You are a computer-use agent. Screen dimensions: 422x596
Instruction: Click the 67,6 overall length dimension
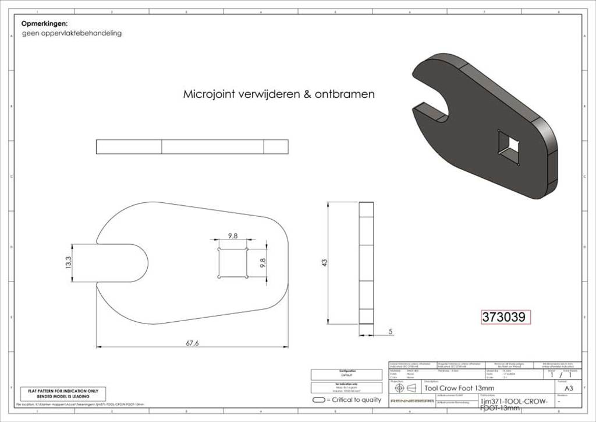192,343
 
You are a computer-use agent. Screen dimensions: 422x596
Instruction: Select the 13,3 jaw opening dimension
69,263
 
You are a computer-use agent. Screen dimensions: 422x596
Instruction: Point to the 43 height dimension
324,263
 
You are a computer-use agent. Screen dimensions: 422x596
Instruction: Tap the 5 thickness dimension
390,331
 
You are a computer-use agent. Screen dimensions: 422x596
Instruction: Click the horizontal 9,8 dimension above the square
232,236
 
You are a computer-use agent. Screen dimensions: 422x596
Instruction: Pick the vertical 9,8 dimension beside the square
262,263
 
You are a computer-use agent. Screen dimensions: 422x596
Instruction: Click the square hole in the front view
232,263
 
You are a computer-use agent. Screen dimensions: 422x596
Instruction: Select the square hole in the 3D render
510,146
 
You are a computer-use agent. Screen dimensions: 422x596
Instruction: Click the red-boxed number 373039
505,317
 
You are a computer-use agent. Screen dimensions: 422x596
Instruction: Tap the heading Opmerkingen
44,24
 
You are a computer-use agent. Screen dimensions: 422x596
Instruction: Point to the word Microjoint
210,94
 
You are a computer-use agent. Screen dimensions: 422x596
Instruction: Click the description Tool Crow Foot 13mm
459,388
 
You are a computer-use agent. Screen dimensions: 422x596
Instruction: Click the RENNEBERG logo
411,402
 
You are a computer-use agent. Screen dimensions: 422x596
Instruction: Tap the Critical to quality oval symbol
318,400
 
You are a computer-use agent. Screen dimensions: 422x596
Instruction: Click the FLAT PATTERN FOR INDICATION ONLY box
63,393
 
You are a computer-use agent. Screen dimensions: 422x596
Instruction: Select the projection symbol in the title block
406,388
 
